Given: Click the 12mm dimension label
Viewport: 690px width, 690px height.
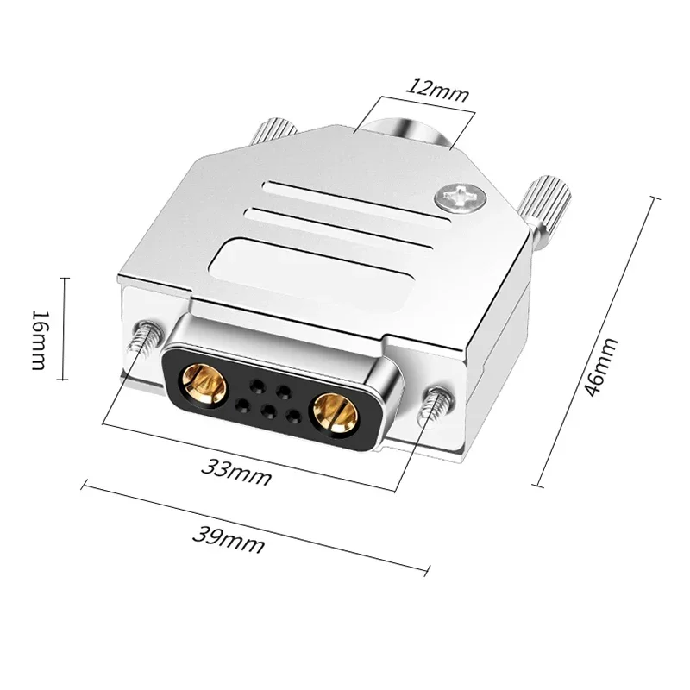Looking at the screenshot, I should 438,89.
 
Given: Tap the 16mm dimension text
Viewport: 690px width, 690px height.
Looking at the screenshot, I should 39,328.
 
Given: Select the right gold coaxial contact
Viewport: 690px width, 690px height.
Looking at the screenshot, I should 336,412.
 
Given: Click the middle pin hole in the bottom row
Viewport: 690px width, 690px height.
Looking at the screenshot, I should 267,411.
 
